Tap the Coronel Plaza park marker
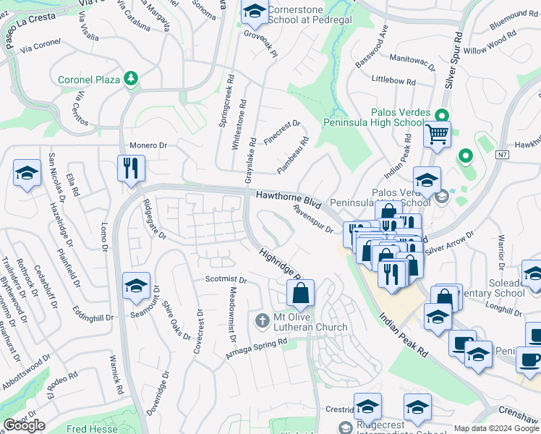tap(131, 77)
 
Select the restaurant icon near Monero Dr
tap(131, 169)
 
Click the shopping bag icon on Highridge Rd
tap(300, 293)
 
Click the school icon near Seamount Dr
tap(136, 286)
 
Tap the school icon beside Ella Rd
tap(27, 174)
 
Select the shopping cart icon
tap(437, 134)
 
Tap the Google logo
tap(25, 425)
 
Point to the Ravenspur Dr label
tap(312, 218)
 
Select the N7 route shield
tap(503, 154)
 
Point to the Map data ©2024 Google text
tap(496, 428)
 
